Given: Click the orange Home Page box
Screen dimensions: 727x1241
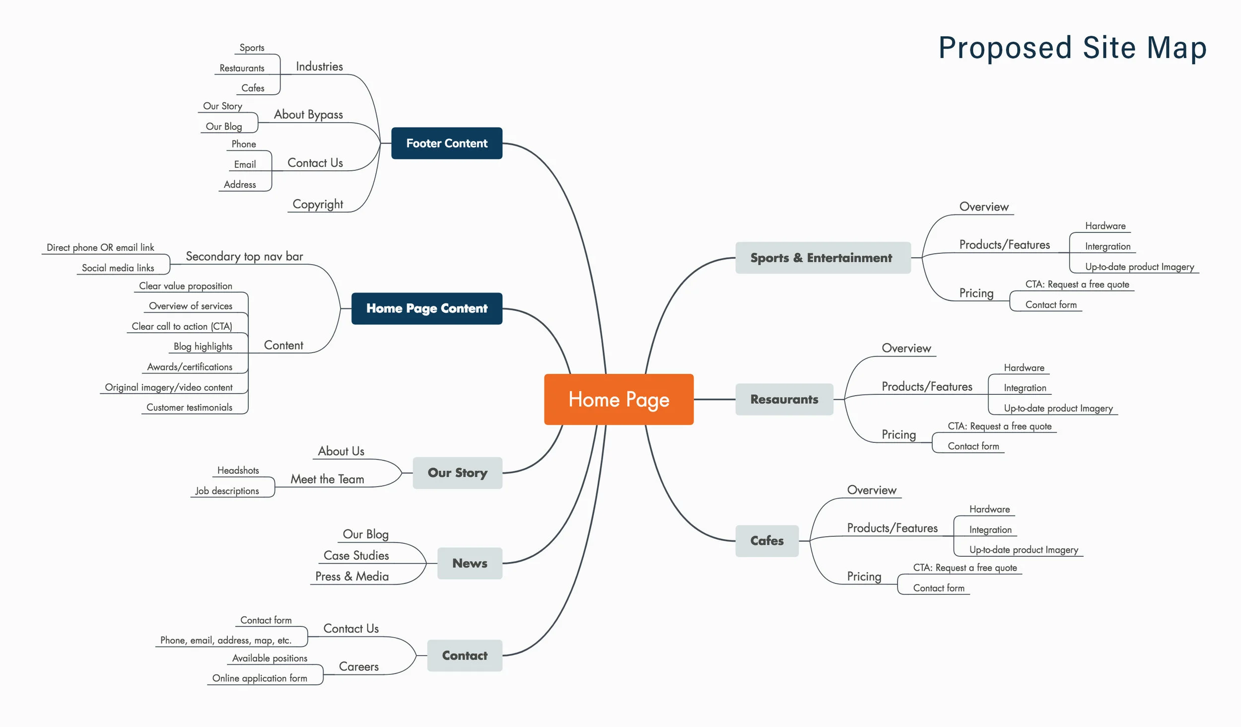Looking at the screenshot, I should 619,399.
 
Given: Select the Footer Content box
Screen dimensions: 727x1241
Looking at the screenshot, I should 447,144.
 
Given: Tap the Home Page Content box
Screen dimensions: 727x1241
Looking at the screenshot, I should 427,308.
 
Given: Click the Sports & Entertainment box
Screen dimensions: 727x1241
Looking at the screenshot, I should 823,258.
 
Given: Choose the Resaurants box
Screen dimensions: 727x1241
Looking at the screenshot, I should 784,399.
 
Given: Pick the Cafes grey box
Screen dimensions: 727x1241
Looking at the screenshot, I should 766,541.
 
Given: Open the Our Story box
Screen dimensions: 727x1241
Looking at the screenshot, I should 457,473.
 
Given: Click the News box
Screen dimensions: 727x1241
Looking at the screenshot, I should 470,563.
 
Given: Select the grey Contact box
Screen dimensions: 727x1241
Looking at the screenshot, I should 465,655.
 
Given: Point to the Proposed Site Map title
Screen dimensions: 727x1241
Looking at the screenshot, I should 1072,48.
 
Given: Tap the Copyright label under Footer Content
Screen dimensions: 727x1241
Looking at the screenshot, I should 318,204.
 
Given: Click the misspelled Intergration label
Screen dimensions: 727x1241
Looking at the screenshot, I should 1107,246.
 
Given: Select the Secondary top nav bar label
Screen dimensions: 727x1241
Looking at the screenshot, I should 244,256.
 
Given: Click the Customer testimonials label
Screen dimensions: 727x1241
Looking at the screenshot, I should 189,407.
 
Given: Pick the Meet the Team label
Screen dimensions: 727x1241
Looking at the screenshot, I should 327,479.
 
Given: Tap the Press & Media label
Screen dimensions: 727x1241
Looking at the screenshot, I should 352,576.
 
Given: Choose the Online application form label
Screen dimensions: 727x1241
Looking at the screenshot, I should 260,678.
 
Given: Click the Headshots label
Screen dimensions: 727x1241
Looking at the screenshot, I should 238,470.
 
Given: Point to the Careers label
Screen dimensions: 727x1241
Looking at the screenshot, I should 358,666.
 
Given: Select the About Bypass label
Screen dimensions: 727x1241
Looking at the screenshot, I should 308,115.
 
